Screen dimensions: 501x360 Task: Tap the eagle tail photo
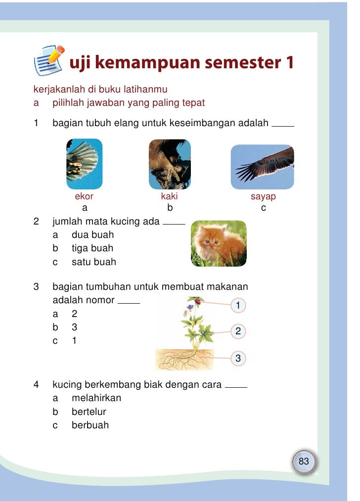coord(85,164)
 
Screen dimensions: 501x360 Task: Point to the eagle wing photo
coord(263,167)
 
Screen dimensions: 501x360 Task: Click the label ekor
coord(84,197)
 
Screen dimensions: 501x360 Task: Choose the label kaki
coord(169,197)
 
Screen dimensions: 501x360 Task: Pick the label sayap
coord(263,197)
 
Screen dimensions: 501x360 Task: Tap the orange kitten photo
coord(219,243)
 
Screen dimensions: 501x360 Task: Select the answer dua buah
coord(92,234)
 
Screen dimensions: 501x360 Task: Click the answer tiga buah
coord(92,248)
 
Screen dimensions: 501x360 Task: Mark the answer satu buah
coord(93,262)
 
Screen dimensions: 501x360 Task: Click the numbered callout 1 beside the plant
coord(238,306)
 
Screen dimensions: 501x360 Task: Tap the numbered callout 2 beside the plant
coord(238,331)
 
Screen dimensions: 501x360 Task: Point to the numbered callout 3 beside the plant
coord(238,358)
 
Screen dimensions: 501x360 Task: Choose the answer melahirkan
coord(96,398)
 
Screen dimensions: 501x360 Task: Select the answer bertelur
coord(89,411)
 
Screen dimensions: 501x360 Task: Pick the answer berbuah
coord(90,425)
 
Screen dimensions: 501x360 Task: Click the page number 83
coord(304,461)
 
